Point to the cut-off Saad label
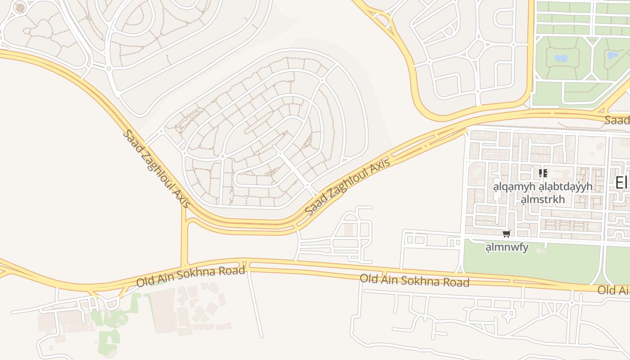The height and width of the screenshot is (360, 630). coord(617,120)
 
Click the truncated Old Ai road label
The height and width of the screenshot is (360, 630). coord(613,290)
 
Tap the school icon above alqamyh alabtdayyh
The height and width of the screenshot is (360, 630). coord(543,173)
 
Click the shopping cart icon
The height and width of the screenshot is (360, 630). coord(507,234)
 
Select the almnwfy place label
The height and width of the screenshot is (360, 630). coord(507,247)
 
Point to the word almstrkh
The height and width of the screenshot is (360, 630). coord(542,199)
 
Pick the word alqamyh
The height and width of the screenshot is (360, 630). coord(514,186)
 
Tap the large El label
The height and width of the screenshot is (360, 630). coord(621,183)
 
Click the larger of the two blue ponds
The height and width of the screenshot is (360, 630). coord(561,58)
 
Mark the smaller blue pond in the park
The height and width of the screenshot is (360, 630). coord(612,55)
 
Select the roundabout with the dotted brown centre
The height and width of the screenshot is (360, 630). coord(20,7)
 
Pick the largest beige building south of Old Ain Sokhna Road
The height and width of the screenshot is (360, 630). coord(162,310)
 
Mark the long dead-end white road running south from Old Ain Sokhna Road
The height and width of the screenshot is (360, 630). coord(255,306)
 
